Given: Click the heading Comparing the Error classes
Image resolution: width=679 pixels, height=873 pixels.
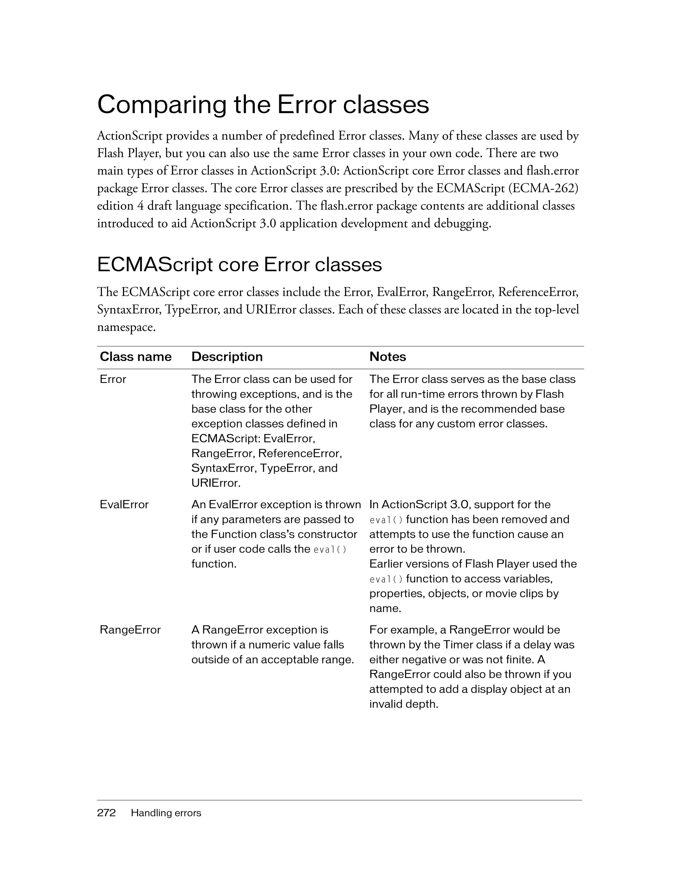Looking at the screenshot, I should coord(263,105).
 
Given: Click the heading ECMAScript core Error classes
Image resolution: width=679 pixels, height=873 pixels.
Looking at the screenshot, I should coord(239,265).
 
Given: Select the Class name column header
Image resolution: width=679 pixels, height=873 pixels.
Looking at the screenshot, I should coord(136,356).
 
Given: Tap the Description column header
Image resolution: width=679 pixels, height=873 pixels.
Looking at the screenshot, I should coord(227,356).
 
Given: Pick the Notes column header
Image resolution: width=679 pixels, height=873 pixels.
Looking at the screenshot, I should coord(387,356).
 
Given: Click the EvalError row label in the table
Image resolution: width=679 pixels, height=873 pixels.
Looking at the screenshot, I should coord(124,504).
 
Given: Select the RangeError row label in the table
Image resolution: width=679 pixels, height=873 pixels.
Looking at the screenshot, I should coord(130,630).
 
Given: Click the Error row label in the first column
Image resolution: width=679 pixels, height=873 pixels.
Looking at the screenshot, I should coord(113,379).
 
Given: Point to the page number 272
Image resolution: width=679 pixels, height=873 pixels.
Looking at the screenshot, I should coord(106,813).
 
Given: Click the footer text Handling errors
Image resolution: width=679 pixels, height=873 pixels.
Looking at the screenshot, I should coord(166,813).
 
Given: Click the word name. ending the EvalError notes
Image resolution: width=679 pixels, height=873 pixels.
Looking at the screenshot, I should coord(385,608).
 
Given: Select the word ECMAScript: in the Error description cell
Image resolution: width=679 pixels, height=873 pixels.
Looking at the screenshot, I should coord(225,439).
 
